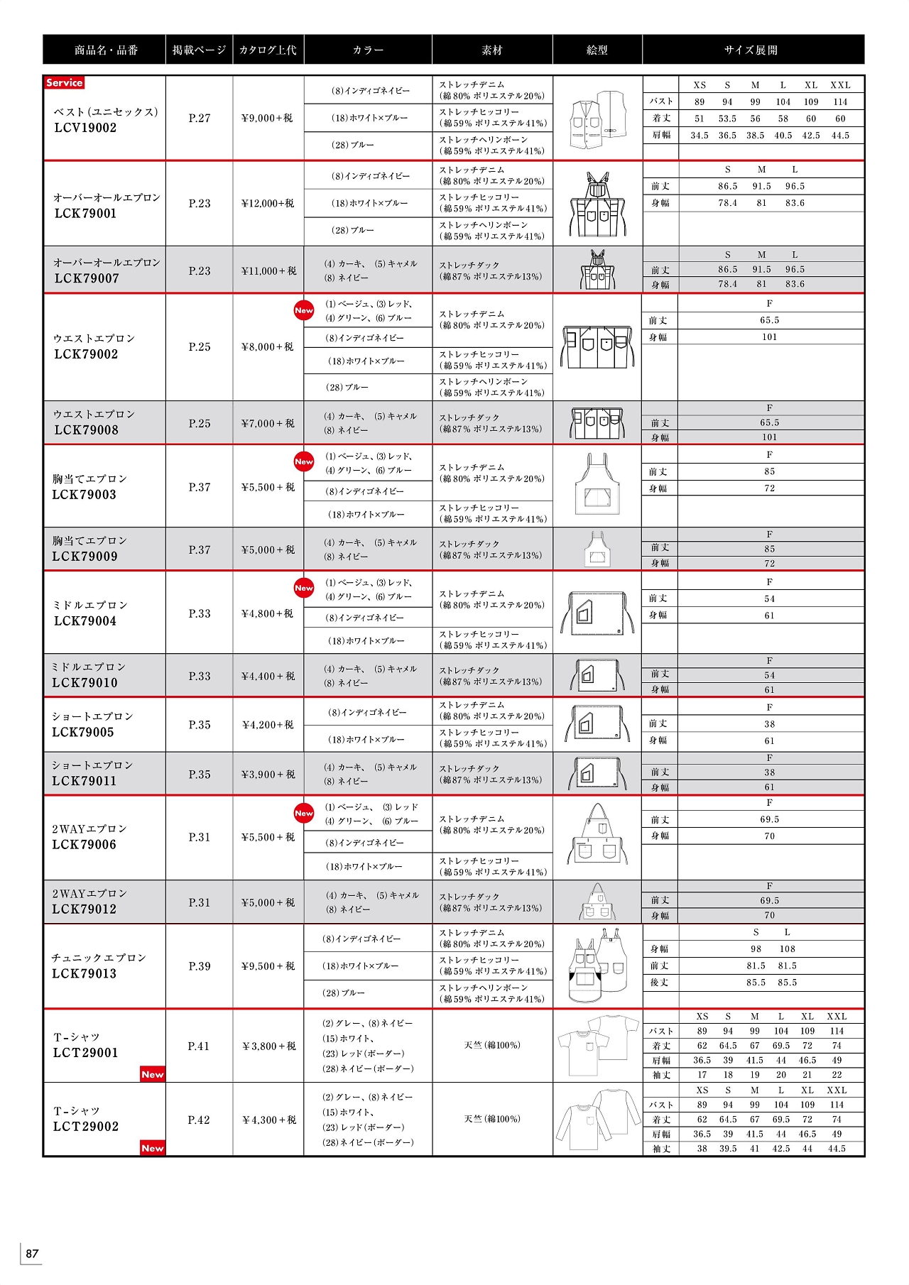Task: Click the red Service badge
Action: tap(64, 83)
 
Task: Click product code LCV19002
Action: tap(85, 128)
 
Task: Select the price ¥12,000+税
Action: tap(267, 204)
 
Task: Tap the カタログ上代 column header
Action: tap(268, 50)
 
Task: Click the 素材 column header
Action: tap(491, 50)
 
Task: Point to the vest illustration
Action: tap(598, 119)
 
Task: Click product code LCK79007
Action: tap(86, 279)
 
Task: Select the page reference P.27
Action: tap(200, 119)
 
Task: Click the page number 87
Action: tap(32, 1253)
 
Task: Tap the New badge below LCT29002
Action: tap(153, 1148)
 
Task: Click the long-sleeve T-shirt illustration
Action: tap(598, 1120)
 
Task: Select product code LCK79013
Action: tap(84, 974)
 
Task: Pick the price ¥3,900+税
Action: tap(268, 775)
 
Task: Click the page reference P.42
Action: tap(199, 1120)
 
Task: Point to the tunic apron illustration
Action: tap(598, 966)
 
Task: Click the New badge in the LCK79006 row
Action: tap(304, 813)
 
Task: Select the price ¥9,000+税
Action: tap(267, 119)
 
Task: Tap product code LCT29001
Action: tap(85, 1053)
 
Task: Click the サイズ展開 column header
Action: tap(751, 50)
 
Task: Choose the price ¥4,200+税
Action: tap(268, 726)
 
